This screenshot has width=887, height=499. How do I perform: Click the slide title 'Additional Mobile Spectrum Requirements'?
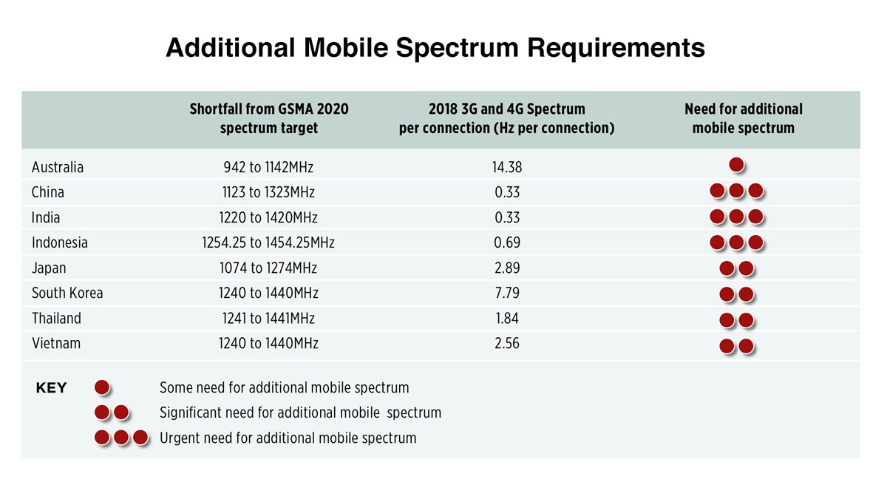435,48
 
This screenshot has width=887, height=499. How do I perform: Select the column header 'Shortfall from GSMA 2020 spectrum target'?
269,118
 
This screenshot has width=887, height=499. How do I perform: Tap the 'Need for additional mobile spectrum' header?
743,118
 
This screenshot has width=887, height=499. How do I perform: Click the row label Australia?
58,167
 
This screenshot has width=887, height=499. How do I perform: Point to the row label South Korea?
67,293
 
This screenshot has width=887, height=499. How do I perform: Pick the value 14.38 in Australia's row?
506,167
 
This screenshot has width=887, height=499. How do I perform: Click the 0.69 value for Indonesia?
506,242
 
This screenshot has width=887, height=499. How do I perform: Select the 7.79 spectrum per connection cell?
506,293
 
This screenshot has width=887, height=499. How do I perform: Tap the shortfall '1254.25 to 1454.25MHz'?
269,242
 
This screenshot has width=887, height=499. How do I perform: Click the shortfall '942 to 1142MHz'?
269,167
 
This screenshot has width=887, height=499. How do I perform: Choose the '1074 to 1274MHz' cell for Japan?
269,268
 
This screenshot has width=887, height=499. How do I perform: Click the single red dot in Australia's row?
736,166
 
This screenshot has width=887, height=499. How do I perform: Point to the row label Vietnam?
56,343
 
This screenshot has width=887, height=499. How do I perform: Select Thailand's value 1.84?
506,318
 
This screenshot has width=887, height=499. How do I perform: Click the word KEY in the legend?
51,388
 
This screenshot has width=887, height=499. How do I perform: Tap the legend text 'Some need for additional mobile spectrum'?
284,387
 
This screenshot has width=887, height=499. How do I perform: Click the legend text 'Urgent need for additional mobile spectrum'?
288,438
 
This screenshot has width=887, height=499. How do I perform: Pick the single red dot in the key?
102,387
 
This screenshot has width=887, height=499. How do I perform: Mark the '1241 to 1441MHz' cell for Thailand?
269,318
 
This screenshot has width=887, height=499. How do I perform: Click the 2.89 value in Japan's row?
506,268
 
